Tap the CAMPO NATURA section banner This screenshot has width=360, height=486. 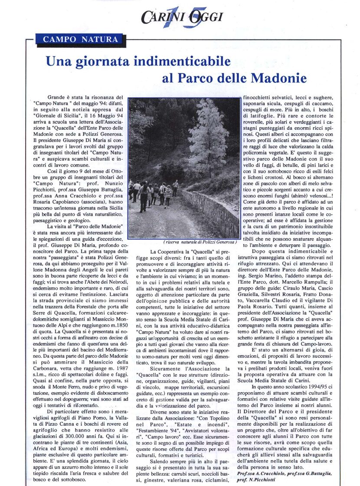pos(80,39)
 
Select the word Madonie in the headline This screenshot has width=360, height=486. pos(282,78)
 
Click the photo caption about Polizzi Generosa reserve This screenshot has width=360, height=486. pos(201,241)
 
